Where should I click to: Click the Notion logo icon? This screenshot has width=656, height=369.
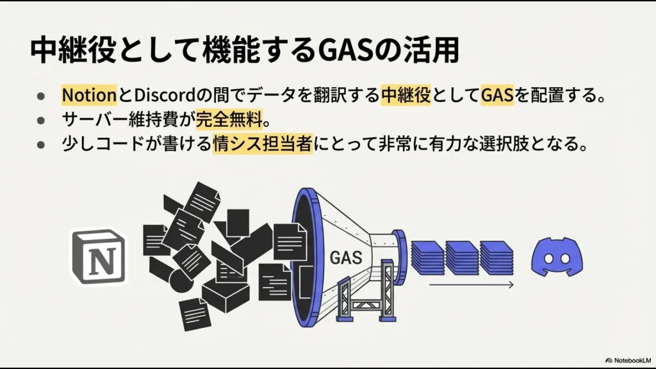click(x=99, y=257)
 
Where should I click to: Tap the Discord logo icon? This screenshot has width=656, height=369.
click(x=556, y=256)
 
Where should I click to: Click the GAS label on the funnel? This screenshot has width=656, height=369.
click(x=346, y=258)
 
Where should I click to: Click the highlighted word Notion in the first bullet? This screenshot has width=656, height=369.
click(x=88, y=96)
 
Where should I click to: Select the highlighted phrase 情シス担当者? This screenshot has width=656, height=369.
click(x=263, y=143)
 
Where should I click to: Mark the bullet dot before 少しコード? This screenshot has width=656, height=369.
click(x=40, y=144)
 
